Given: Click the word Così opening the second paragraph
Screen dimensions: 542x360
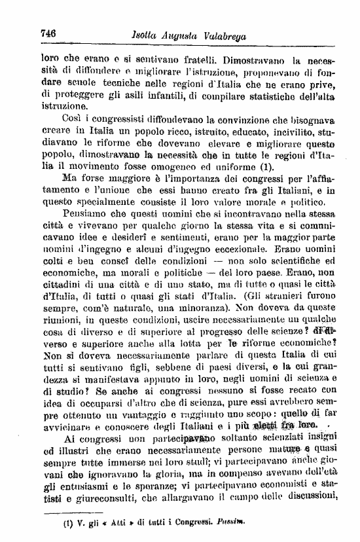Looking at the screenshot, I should (73, 120).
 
